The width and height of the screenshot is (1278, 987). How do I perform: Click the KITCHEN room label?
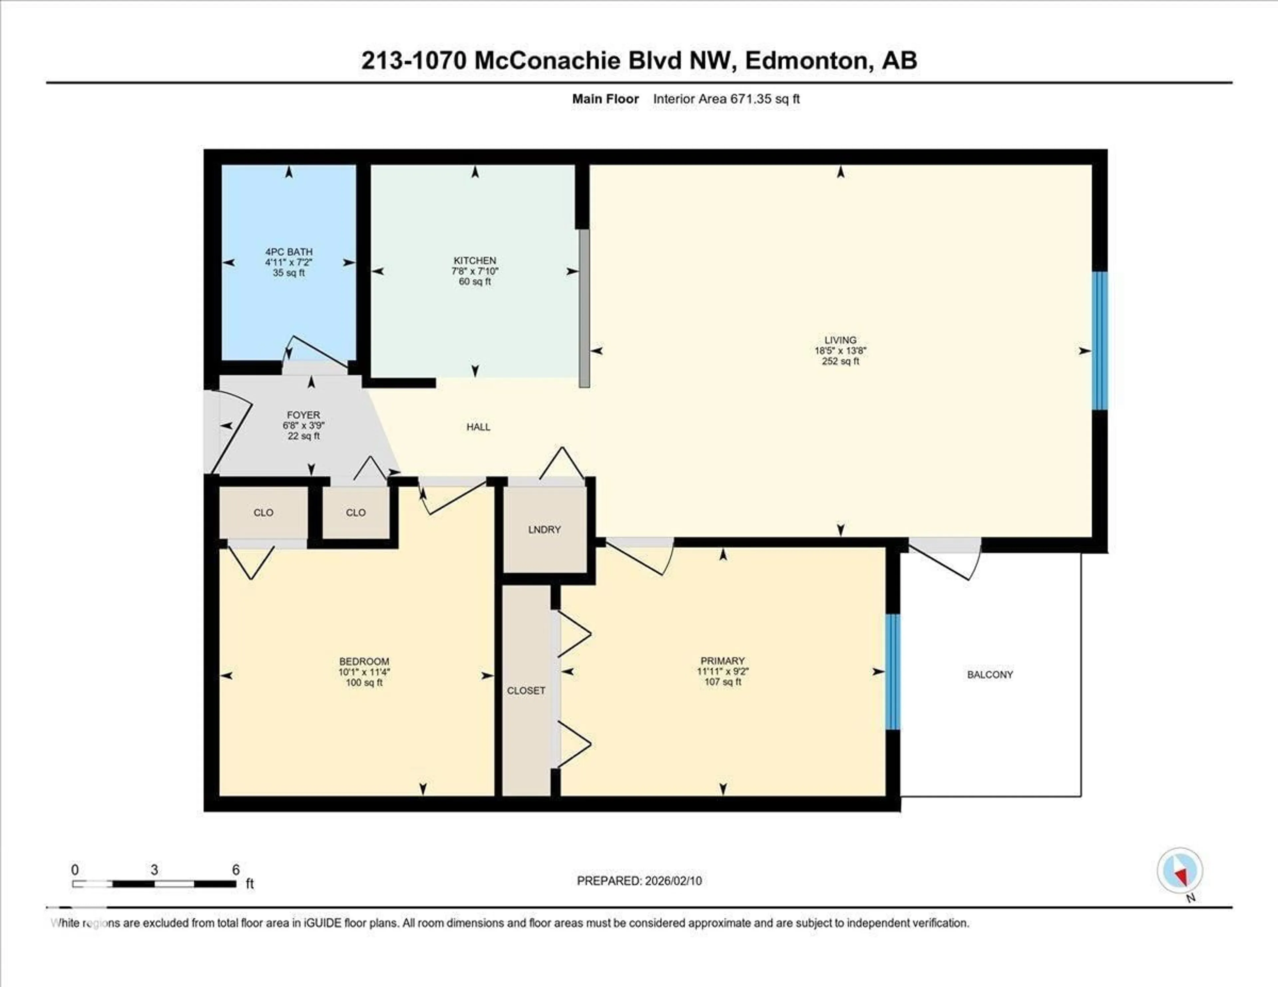point(475,260)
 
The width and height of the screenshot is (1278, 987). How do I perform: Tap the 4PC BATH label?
point(289,252)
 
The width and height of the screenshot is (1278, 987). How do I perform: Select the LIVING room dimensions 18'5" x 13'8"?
point(840,350)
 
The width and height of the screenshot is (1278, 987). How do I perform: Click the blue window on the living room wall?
point(1100,340)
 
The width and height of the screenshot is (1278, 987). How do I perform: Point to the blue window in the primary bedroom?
point(892,672)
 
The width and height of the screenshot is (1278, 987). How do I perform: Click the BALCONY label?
point(989,675)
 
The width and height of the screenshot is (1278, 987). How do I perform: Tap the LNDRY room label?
point(544,529)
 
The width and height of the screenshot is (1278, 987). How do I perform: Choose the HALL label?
point(478,427)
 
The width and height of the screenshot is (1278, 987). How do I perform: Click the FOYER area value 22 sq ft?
point(303,436)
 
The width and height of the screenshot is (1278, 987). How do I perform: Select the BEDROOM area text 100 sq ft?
point(364,682)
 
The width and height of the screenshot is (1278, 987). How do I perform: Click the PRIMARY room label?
point(722,661)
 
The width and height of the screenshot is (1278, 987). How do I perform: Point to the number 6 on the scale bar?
point(236,870)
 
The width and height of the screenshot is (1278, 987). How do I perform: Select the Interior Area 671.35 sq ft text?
point(726,99)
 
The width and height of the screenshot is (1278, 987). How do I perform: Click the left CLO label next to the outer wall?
point(263,512)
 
